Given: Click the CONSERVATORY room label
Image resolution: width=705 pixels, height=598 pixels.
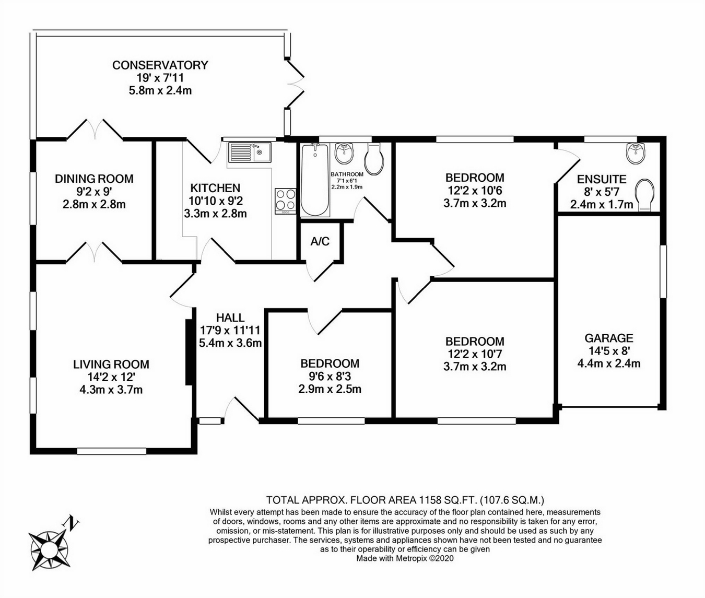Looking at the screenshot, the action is (160, 65).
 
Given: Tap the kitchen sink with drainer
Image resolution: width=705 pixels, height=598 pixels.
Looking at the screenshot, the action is (250, 152).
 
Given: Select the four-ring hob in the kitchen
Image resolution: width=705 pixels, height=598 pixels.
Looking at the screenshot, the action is (286, 201).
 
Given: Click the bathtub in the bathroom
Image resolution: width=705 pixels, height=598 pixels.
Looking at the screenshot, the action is (315, 180).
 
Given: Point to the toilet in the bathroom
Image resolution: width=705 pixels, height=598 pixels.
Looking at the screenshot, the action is (374, 158).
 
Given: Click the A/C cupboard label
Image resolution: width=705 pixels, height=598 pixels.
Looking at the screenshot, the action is (320, 241).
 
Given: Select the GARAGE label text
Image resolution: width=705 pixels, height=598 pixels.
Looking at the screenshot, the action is (609, 338).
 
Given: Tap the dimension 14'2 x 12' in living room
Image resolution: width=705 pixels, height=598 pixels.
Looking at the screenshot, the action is (111, 377).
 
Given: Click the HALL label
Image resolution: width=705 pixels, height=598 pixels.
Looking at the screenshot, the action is (230, 318).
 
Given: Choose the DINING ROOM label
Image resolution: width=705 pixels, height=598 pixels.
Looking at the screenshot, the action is (94, 179).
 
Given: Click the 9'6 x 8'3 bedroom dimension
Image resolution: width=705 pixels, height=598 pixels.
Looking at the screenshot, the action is (330, 376).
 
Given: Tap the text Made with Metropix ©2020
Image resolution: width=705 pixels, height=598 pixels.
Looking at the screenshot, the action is (405, 558).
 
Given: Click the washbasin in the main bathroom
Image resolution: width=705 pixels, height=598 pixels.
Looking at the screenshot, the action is (345, 153).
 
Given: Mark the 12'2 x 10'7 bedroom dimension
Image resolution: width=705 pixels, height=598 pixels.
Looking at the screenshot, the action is (475, 354).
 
